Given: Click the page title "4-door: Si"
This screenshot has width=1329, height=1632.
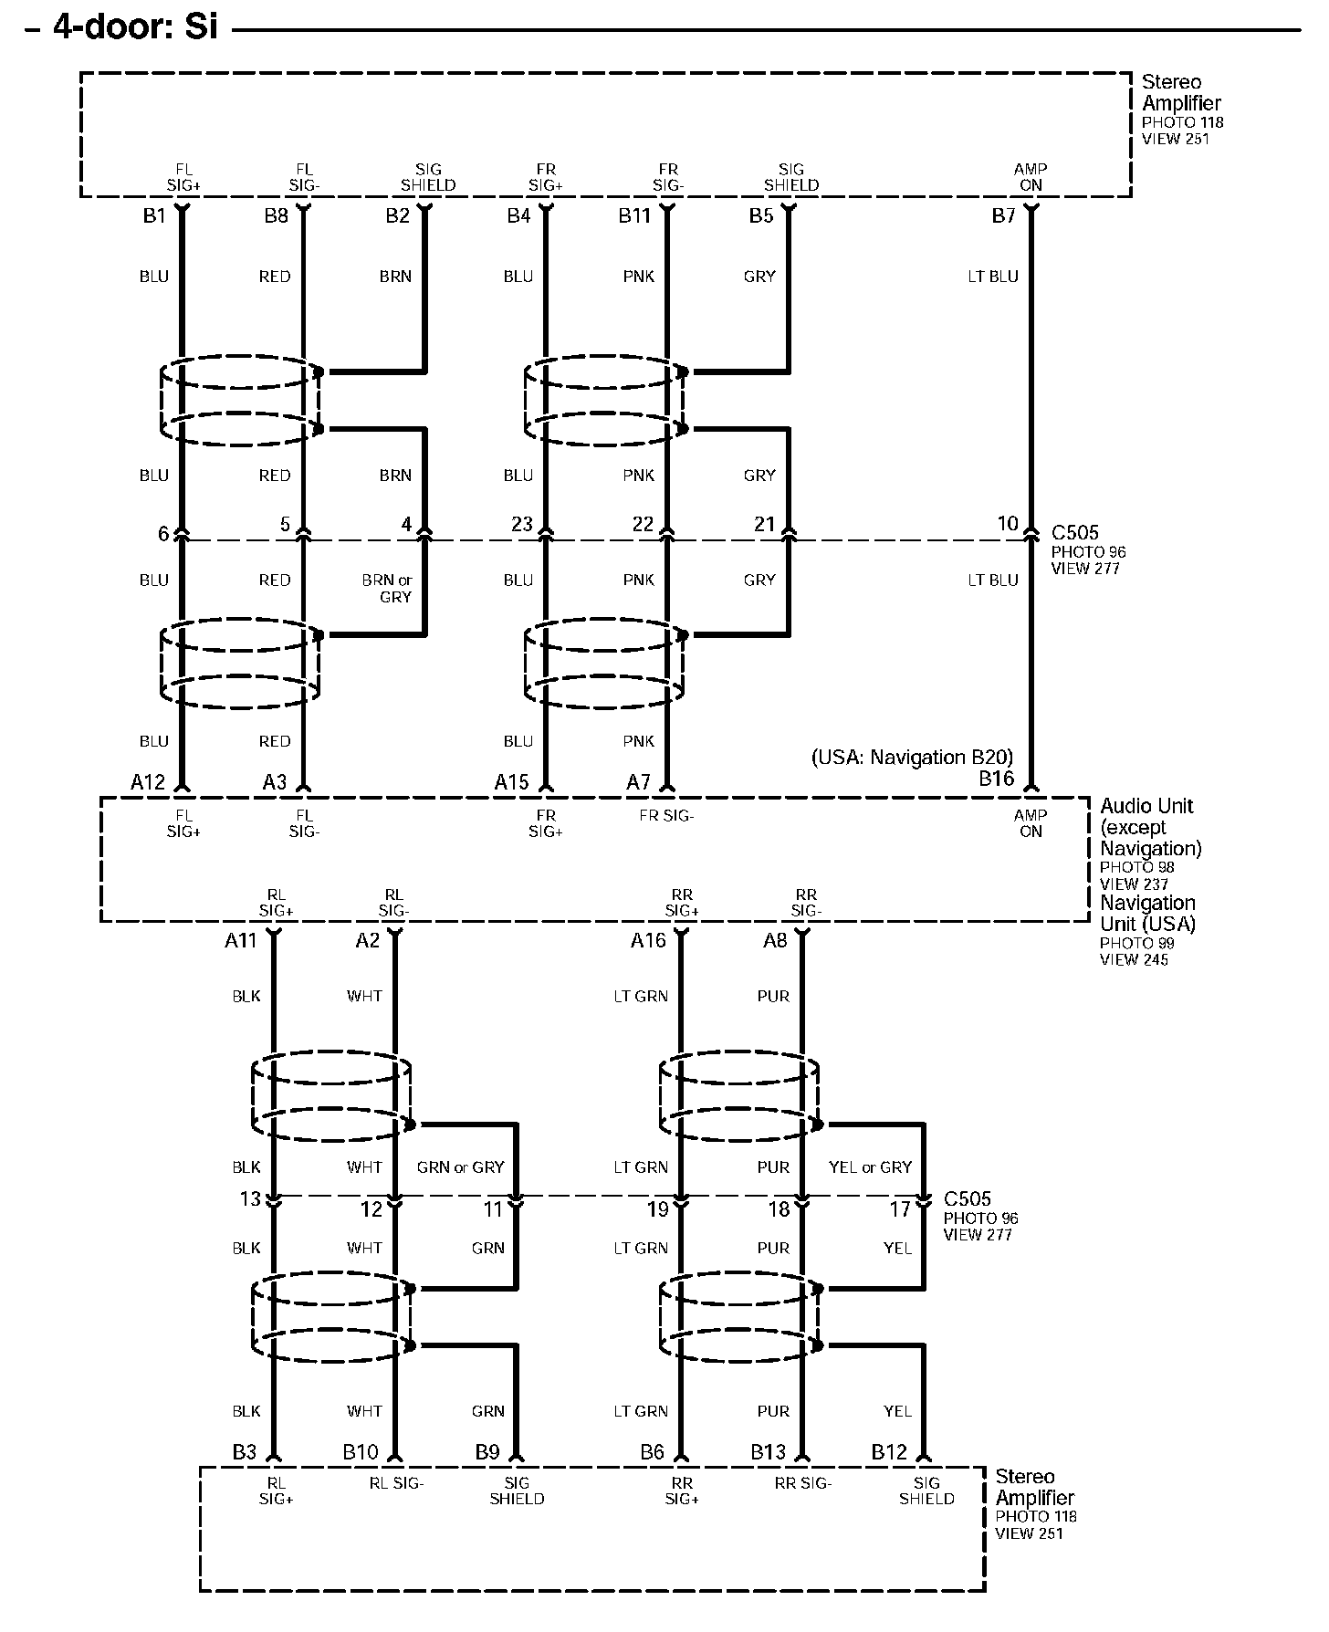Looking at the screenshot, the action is pos(135,26).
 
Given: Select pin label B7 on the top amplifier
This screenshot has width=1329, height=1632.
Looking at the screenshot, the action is pos(1003,216).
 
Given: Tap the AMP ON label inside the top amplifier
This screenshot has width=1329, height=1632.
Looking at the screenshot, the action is pos(1031,177).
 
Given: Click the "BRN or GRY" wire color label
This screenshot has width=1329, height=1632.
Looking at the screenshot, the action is pos(387,588).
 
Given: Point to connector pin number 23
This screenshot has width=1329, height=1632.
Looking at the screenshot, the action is pos(521,524).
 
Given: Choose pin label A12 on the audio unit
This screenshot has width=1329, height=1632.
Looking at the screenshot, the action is pos(148,781).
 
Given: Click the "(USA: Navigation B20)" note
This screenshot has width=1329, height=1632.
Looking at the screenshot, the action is pos(912,757).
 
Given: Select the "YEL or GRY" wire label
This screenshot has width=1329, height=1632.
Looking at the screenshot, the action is pos(870,1166).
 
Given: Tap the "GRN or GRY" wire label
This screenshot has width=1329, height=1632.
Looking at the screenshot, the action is pos(460,1166).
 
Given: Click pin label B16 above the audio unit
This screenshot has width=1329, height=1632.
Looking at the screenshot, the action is pos(996,779).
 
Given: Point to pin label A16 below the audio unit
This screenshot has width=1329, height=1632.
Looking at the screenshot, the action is pos(648,940).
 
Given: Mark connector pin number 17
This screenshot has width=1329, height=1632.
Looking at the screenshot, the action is pos(900,1209).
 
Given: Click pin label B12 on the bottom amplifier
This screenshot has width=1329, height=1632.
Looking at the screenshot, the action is pos(889,1451).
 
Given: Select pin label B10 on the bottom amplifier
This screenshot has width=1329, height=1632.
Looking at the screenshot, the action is pos(361,1451).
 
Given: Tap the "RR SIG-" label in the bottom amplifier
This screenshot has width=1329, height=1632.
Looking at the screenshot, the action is pos(803,1483).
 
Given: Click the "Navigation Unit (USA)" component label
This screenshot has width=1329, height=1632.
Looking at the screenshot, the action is pos(1147,913).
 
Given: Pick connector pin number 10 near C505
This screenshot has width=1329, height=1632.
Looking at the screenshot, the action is pos(1007,524).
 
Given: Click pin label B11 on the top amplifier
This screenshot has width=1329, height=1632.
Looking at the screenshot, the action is pos(634,216).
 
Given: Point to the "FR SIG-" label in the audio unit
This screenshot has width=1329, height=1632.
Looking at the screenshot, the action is pos(666,815).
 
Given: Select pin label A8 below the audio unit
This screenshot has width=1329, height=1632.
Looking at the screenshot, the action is pos(775,940).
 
